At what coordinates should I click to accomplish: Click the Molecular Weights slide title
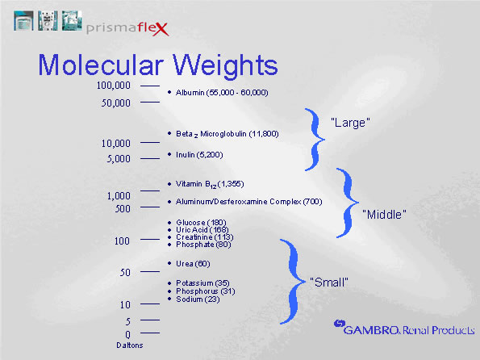click(158, 64)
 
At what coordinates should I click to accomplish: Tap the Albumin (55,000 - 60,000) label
click(222, 93)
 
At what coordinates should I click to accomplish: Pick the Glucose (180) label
click(201, 222)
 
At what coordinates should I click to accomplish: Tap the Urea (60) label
click(193, 263)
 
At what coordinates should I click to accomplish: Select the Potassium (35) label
click(202, 283)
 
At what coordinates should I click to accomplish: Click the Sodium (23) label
click(197, 299)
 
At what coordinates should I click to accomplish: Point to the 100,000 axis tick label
click(113, 86)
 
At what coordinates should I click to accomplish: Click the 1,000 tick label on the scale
click(118, 195)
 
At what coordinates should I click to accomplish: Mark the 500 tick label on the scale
click(123, 209)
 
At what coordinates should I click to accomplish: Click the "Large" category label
click(350, 123)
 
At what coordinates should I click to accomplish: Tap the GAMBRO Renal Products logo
click(399, 328)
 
